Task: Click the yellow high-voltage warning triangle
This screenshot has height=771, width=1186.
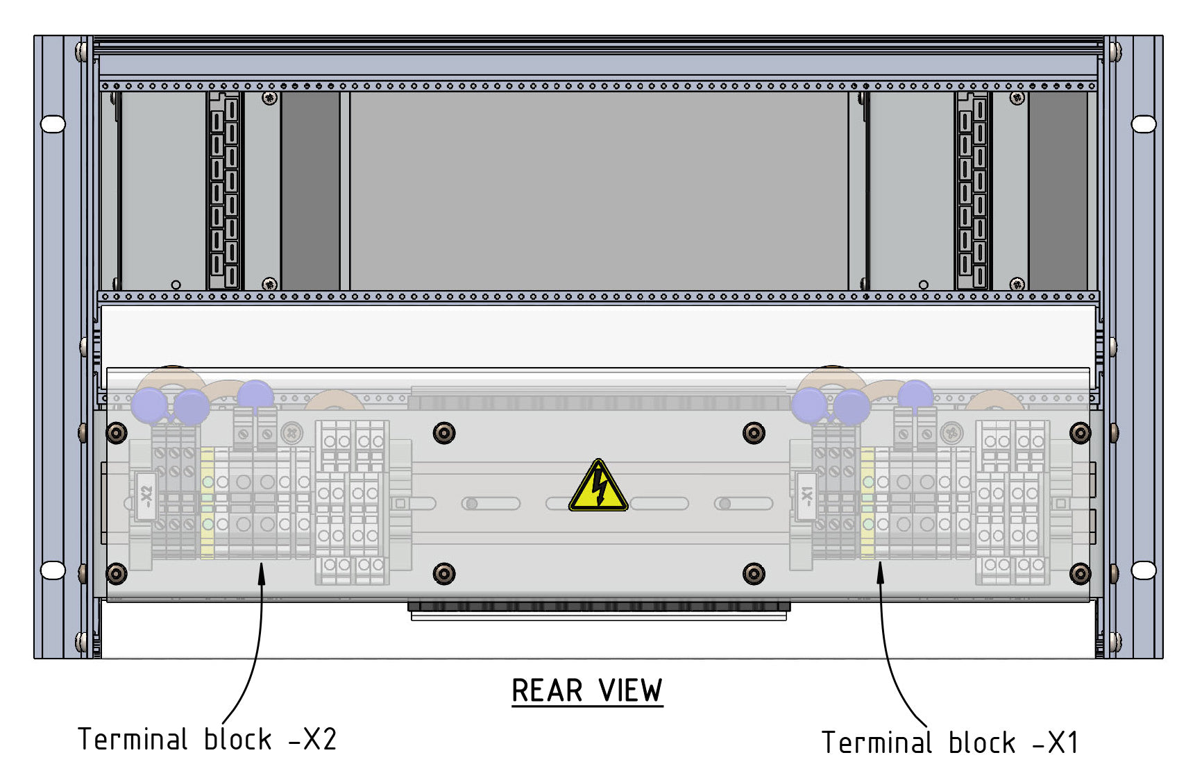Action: tap(598, 487)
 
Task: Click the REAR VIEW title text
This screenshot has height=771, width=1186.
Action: tap(586, 691)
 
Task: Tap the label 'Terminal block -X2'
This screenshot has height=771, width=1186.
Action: tap(207, 740)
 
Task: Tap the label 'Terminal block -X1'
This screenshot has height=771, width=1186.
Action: tap(949, 743)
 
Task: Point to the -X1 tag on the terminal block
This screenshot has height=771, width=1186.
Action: tap(806, 495)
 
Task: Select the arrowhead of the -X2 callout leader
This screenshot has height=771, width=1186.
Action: tap(262, 570)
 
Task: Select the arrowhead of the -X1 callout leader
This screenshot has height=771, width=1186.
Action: tap(880, 569)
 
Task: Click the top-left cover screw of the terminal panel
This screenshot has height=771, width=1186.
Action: tap(117, 434)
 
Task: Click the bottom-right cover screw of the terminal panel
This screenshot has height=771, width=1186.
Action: tap(1080, 574)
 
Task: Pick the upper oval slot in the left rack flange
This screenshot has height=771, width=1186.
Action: tap(53, 124)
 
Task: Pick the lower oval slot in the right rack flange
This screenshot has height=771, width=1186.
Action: tap(1144, 570)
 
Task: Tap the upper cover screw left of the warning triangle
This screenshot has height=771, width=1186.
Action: tap(444, 434)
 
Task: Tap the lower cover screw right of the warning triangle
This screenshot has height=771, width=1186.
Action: tap(754, 574)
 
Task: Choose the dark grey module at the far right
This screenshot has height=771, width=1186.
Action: tap(1058, 191)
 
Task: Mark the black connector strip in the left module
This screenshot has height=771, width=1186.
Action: tap(224, 191)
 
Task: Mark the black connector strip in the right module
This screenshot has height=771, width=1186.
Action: tap(972, 191)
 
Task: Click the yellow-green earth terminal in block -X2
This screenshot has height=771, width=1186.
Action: tap(207, 503)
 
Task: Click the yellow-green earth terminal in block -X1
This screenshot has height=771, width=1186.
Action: tap(867, 503)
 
